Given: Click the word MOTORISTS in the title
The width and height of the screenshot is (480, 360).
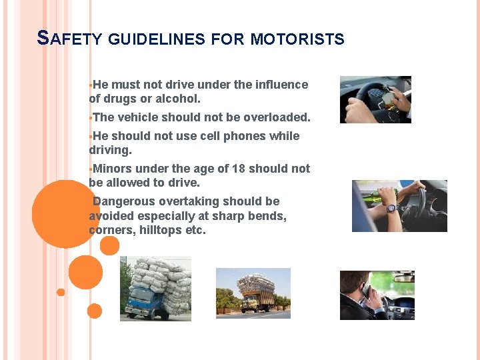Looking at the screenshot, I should click(x=297, y=39).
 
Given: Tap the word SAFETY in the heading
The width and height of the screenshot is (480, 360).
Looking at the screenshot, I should click(x=69, y=39).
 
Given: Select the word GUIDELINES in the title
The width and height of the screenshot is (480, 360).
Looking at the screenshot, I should click(x=156, y=39).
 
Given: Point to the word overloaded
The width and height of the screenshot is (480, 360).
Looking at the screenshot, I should click(x=276, y=117).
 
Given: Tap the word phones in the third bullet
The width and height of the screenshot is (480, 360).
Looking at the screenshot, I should click(x=247, y=136).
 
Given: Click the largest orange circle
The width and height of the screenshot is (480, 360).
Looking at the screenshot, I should click(x=65, y=214).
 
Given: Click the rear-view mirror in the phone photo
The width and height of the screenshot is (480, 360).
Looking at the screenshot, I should click(x=403, y=277).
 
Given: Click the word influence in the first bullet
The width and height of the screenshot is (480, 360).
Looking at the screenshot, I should click(x=281, y=85).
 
